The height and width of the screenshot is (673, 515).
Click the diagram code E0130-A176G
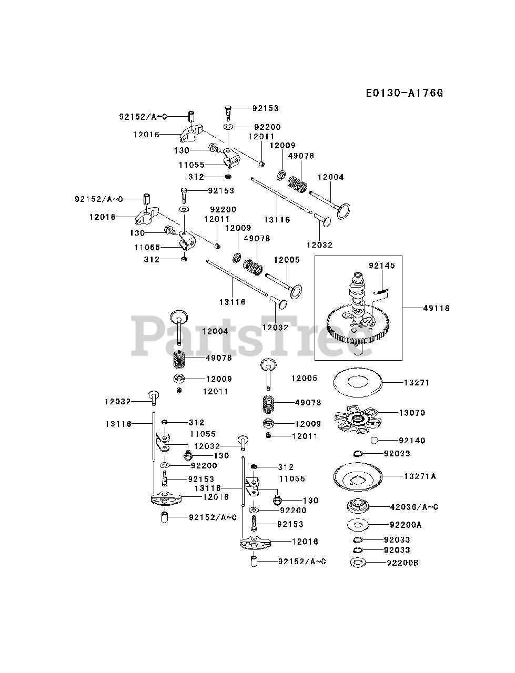coord(405,93)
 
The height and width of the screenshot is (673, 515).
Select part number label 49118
coord(436,308)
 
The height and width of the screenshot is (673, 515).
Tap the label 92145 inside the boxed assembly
coord(381,266)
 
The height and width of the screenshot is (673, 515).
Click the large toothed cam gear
coord(358,325)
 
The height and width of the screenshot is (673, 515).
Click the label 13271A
coord(420,476)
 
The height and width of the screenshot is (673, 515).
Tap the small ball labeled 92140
coord(374,441)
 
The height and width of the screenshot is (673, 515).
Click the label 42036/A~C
coord(414,507)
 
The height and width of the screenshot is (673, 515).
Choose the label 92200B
coord(402,563)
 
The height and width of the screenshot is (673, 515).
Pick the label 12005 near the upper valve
coord(287,260)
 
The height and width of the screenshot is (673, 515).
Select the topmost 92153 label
coord(265,108)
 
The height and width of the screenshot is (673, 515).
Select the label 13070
coord(412,413)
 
